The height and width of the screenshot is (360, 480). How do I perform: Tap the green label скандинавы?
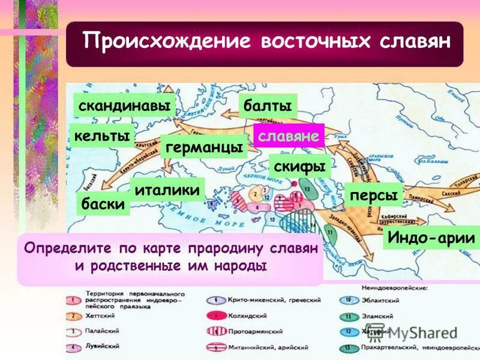point(124,106)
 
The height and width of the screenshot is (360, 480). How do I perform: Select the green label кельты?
point(102,135)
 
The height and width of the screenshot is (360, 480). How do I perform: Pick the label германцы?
point(204,146)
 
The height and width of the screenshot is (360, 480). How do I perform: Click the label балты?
point(268,106)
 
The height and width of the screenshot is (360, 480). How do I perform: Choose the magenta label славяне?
point(288,136)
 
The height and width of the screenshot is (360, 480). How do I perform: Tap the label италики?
point(167,190)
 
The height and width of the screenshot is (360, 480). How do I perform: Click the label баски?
point(103,203)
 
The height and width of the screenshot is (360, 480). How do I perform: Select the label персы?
point(373,195)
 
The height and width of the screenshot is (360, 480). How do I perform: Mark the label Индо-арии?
point(431,237)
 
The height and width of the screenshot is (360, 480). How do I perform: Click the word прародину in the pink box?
point(227,247)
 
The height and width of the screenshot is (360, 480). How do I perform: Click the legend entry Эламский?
point(378,316)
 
